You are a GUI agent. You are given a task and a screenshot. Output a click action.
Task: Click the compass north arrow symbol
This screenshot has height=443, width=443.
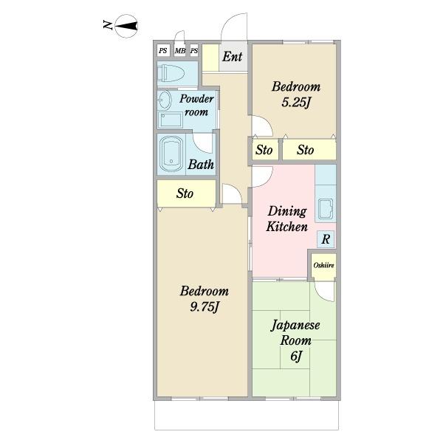[126, 26]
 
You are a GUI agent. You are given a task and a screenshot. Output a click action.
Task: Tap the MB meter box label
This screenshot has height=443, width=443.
[180, 51]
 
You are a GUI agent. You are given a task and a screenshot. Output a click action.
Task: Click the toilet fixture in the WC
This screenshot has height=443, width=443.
[171, 73]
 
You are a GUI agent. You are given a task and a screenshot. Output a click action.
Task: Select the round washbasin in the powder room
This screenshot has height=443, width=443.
[164, 100]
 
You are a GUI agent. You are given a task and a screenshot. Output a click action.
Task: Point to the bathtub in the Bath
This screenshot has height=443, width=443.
[171, 154]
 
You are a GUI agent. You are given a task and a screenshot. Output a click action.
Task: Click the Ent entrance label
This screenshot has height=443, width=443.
[232, 57]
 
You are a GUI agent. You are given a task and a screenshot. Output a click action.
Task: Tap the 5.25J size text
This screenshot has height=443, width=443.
[296, 103]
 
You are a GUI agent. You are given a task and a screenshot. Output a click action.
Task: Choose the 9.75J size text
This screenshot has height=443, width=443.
[205, 307]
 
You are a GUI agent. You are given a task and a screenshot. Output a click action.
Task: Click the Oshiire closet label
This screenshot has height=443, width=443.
[324, 265]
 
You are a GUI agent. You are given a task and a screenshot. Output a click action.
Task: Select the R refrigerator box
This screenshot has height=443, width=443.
[326, 239]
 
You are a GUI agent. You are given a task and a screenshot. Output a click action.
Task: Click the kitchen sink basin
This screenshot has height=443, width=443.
[326, 209]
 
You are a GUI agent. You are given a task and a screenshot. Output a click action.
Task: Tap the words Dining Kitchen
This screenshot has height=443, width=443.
[286, 219]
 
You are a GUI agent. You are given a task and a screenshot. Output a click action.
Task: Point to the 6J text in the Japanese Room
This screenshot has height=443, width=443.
[296, 357]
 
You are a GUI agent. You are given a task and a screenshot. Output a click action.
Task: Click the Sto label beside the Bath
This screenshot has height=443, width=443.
[185, 193]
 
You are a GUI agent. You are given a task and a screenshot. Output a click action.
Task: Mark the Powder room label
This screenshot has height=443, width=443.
[196, 105]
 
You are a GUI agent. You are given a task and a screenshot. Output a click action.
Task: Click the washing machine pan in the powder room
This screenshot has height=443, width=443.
[170, 120]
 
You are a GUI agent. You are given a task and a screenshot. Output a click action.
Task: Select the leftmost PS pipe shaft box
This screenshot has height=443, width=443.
[163, 50]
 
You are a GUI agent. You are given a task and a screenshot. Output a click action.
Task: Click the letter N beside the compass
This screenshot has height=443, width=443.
[107, 25]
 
